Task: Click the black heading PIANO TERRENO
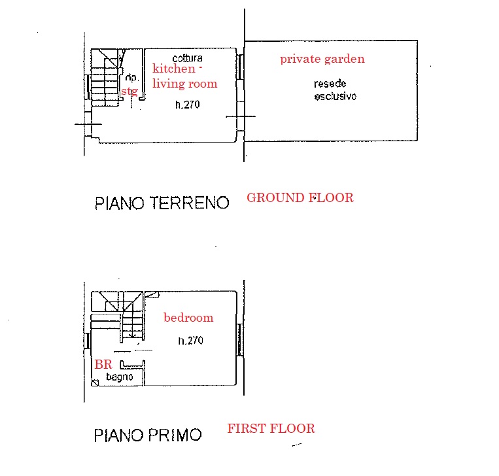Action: [162, 203]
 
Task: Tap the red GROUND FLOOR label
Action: [300, 197]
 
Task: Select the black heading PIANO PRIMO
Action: [148, 435]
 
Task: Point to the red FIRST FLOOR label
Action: [271, 428]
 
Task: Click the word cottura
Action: [188, 58]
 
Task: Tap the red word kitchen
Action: [174, 69]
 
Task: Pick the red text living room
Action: [185, 84]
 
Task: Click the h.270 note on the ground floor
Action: [188, 105]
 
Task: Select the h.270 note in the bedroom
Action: [190, 341]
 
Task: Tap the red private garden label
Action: [322, 59]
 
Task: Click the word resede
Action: [330, 84]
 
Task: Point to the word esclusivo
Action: [336, 96]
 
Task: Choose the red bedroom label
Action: [188, 318]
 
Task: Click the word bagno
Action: [119, 377]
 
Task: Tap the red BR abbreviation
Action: [103, 364]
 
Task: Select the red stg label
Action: [129, 92]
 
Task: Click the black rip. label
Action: [131, 78]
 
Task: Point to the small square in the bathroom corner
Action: [95, 382]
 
